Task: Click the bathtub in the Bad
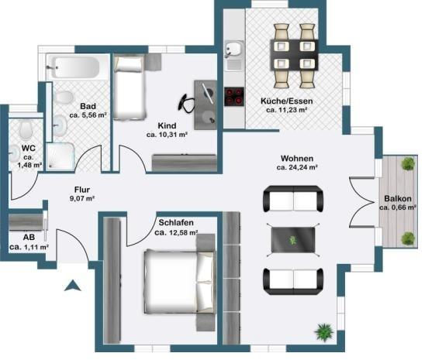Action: point(73,67)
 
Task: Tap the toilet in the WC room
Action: point(26,129)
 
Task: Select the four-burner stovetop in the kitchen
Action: point(234,97)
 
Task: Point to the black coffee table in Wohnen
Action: point(293,240)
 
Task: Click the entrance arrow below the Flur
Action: point(72,286)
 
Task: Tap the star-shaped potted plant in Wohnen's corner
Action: point(323,331)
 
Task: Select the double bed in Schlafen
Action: point(180,281)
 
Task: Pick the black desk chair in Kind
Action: point(186,103)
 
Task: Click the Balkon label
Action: point(398,199)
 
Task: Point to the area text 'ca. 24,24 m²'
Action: point(297,167)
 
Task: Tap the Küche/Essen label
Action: point(287,101)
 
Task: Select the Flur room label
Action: point(82,190)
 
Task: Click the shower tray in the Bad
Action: point(60,156)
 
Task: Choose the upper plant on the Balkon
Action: point(408,164)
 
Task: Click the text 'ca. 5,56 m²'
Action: point(88,115)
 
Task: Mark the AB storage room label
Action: point(29,237)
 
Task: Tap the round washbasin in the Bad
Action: point(60,125)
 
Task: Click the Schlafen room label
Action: point(176,223)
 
